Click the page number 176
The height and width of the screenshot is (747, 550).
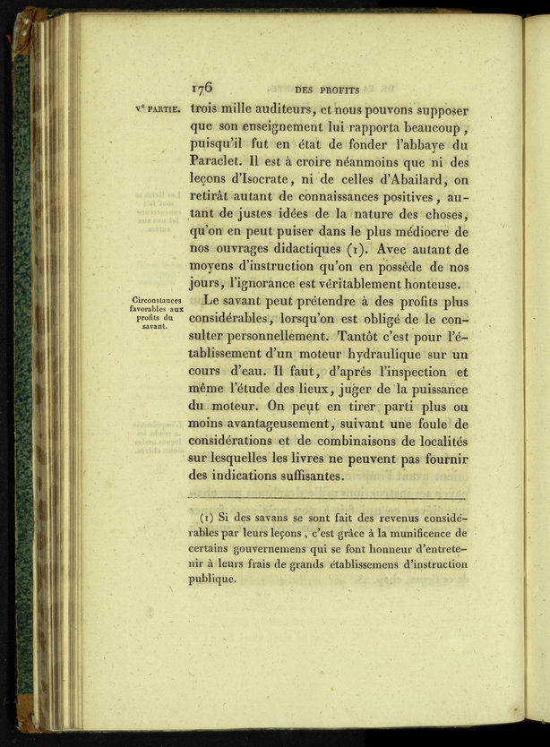[x=202, y=89]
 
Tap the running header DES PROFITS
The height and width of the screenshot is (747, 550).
[x=327, y=90]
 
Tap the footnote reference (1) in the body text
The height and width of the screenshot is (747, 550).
[x=360, y=249]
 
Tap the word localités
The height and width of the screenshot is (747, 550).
[x=436, y=442]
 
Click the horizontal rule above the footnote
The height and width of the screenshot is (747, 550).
[x=328, y=498]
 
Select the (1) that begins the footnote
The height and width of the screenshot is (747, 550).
[x=206, y=519]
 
